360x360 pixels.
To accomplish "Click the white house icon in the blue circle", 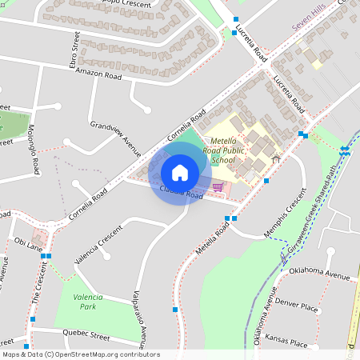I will pos(180,173).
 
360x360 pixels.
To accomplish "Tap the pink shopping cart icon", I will pos(218,187).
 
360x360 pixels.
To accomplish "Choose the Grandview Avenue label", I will pos(116,137).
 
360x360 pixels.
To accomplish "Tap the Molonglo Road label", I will pos(34,150).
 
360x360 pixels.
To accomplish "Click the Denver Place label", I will pos(296,305).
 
